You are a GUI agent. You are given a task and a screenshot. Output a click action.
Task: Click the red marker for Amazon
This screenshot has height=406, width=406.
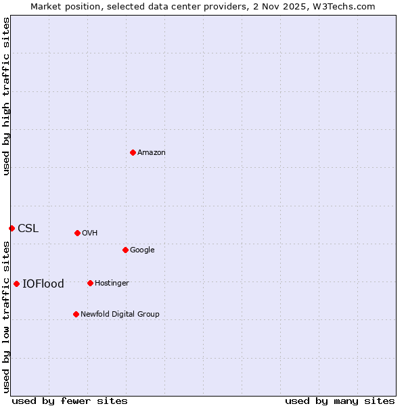133,152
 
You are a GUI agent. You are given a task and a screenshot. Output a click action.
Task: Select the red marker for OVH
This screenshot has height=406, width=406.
77,233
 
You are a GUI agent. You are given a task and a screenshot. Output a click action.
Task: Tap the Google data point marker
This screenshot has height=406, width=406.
125,250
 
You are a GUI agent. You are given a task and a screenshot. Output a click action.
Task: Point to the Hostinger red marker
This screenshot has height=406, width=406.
90,283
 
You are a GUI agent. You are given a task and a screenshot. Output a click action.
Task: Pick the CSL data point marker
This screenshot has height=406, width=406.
12,228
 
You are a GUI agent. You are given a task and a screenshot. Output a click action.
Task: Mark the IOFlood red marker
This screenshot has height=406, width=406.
16,284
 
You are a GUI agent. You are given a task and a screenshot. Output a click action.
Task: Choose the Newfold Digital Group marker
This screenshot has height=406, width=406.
76,314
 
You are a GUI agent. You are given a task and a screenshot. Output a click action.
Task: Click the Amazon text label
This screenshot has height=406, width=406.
152,153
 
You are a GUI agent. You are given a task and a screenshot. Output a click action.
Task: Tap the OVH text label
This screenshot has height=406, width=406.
90,233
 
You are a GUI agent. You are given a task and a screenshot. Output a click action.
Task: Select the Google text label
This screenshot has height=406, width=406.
142,250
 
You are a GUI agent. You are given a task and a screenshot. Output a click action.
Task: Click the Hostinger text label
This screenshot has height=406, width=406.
112,284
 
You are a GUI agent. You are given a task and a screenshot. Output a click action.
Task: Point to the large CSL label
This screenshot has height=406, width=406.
28,229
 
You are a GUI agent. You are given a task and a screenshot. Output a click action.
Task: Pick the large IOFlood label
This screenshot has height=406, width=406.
43,284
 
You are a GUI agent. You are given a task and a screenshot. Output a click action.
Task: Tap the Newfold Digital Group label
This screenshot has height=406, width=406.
120,315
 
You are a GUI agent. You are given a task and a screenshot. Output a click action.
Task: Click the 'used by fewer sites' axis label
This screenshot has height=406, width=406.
70,401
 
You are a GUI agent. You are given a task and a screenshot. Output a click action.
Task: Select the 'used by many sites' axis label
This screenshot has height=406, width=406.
340,401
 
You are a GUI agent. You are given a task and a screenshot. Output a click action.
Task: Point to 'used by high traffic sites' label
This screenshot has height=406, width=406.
7,96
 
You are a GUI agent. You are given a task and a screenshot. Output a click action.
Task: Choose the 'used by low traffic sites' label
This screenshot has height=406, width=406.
7,317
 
